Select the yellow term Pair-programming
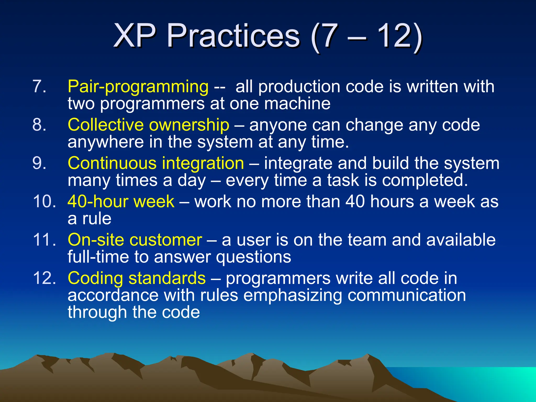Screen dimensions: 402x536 point(138,87)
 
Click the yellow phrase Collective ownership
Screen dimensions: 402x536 point(148,125)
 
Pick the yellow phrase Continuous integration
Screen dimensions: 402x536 point(156,163)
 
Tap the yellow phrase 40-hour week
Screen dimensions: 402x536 point(121,202)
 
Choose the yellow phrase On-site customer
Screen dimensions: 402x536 point(135,240)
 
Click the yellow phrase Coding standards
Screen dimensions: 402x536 point(137,278)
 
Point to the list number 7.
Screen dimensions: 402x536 point(39,87)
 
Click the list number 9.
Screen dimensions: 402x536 point(39,163)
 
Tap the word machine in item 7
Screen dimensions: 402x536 point(297,104)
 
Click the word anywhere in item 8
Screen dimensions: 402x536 point(106,142)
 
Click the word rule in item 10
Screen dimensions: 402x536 point(97,219)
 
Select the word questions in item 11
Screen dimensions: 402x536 point(253,257)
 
